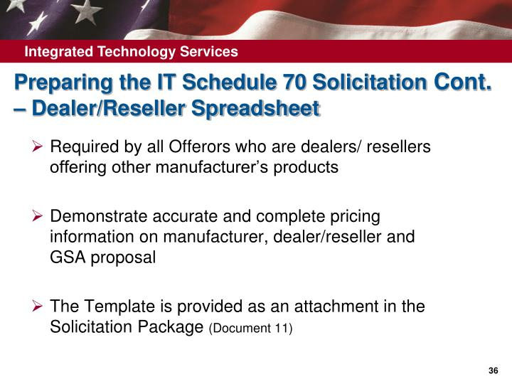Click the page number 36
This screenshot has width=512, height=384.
pos(493,370)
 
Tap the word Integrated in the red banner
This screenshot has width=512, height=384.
pos(59,52)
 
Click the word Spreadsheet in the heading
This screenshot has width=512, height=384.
pos(255,108)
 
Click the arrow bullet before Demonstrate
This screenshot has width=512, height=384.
pos(38,216)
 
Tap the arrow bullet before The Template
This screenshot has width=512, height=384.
pos(38,306)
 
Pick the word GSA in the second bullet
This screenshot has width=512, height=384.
pos(68,257)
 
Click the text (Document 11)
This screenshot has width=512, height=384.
pos(250,328)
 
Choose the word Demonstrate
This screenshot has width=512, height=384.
pos(99,216)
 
